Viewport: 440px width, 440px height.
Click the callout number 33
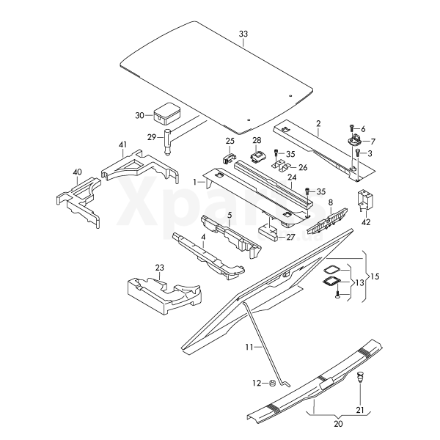[244, 34]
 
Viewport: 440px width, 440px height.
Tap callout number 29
[152, 137]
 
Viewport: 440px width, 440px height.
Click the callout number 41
[122, 144]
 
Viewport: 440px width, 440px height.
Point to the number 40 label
[77, 172]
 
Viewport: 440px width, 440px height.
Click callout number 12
[257, 383]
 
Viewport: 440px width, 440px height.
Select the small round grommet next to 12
[271, 383]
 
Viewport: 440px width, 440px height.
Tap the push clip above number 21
[359, 378]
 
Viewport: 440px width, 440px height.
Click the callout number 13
[359, 283]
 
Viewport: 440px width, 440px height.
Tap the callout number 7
[372, 141]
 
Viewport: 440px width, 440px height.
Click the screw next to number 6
[353, 129]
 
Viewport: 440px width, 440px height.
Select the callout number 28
[257, 139]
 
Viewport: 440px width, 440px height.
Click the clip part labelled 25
[227, 154]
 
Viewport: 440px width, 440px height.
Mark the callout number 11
[248, 345]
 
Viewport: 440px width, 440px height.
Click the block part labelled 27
[269, 232]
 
